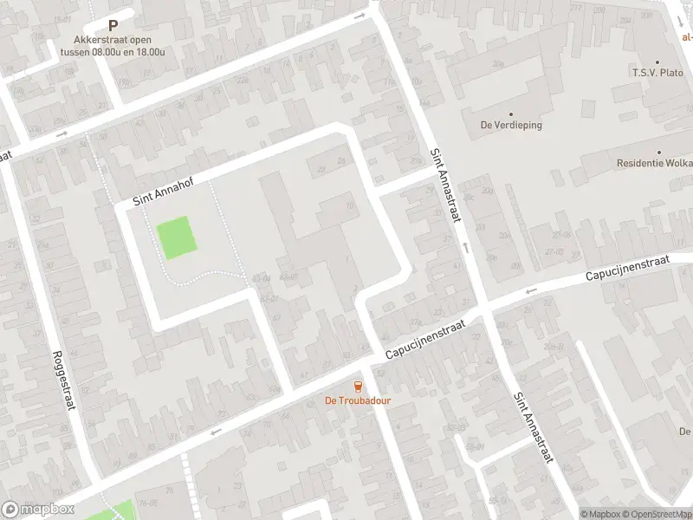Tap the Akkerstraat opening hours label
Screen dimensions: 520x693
(x=113, y=45)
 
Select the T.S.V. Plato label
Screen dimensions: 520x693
(x=658, y=74)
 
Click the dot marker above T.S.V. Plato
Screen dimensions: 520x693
(x=657, y=62)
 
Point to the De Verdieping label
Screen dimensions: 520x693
(x=511, y=125)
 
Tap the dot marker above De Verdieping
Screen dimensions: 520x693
(x=510, y=114)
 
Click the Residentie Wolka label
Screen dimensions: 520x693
(x=655, y=163)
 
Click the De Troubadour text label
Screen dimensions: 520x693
(x=357, y=400)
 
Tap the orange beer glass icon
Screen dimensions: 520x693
(x=357, y=387)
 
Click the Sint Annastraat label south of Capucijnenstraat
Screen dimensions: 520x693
(x=533, y=428)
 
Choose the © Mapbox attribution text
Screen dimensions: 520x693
(x=601, y=514)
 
